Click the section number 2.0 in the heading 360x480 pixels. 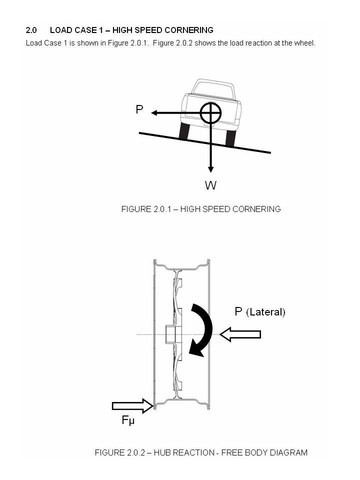(x=31, y=30)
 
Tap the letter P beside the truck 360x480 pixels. (x=139, y=109)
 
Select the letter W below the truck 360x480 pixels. (x=210, y=185)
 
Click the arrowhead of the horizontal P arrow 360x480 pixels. (x=154, y=113)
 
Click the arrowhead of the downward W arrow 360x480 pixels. (x=210, y=169)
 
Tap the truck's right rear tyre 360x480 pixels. (x=230, y=137)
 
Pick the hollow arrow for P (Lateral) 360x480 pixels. (x=240, y=334)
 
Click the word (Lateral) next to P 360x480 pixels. (x=265, y=312)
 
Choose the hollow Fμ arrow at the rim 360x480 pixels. (x=132, y=405)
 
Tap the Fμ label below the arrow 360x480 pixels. (x=128, y=420)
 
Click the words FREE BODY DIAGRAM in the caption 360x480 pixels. (x=264, y=452)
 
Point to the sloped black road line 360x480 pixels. (x=205, y=142)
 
